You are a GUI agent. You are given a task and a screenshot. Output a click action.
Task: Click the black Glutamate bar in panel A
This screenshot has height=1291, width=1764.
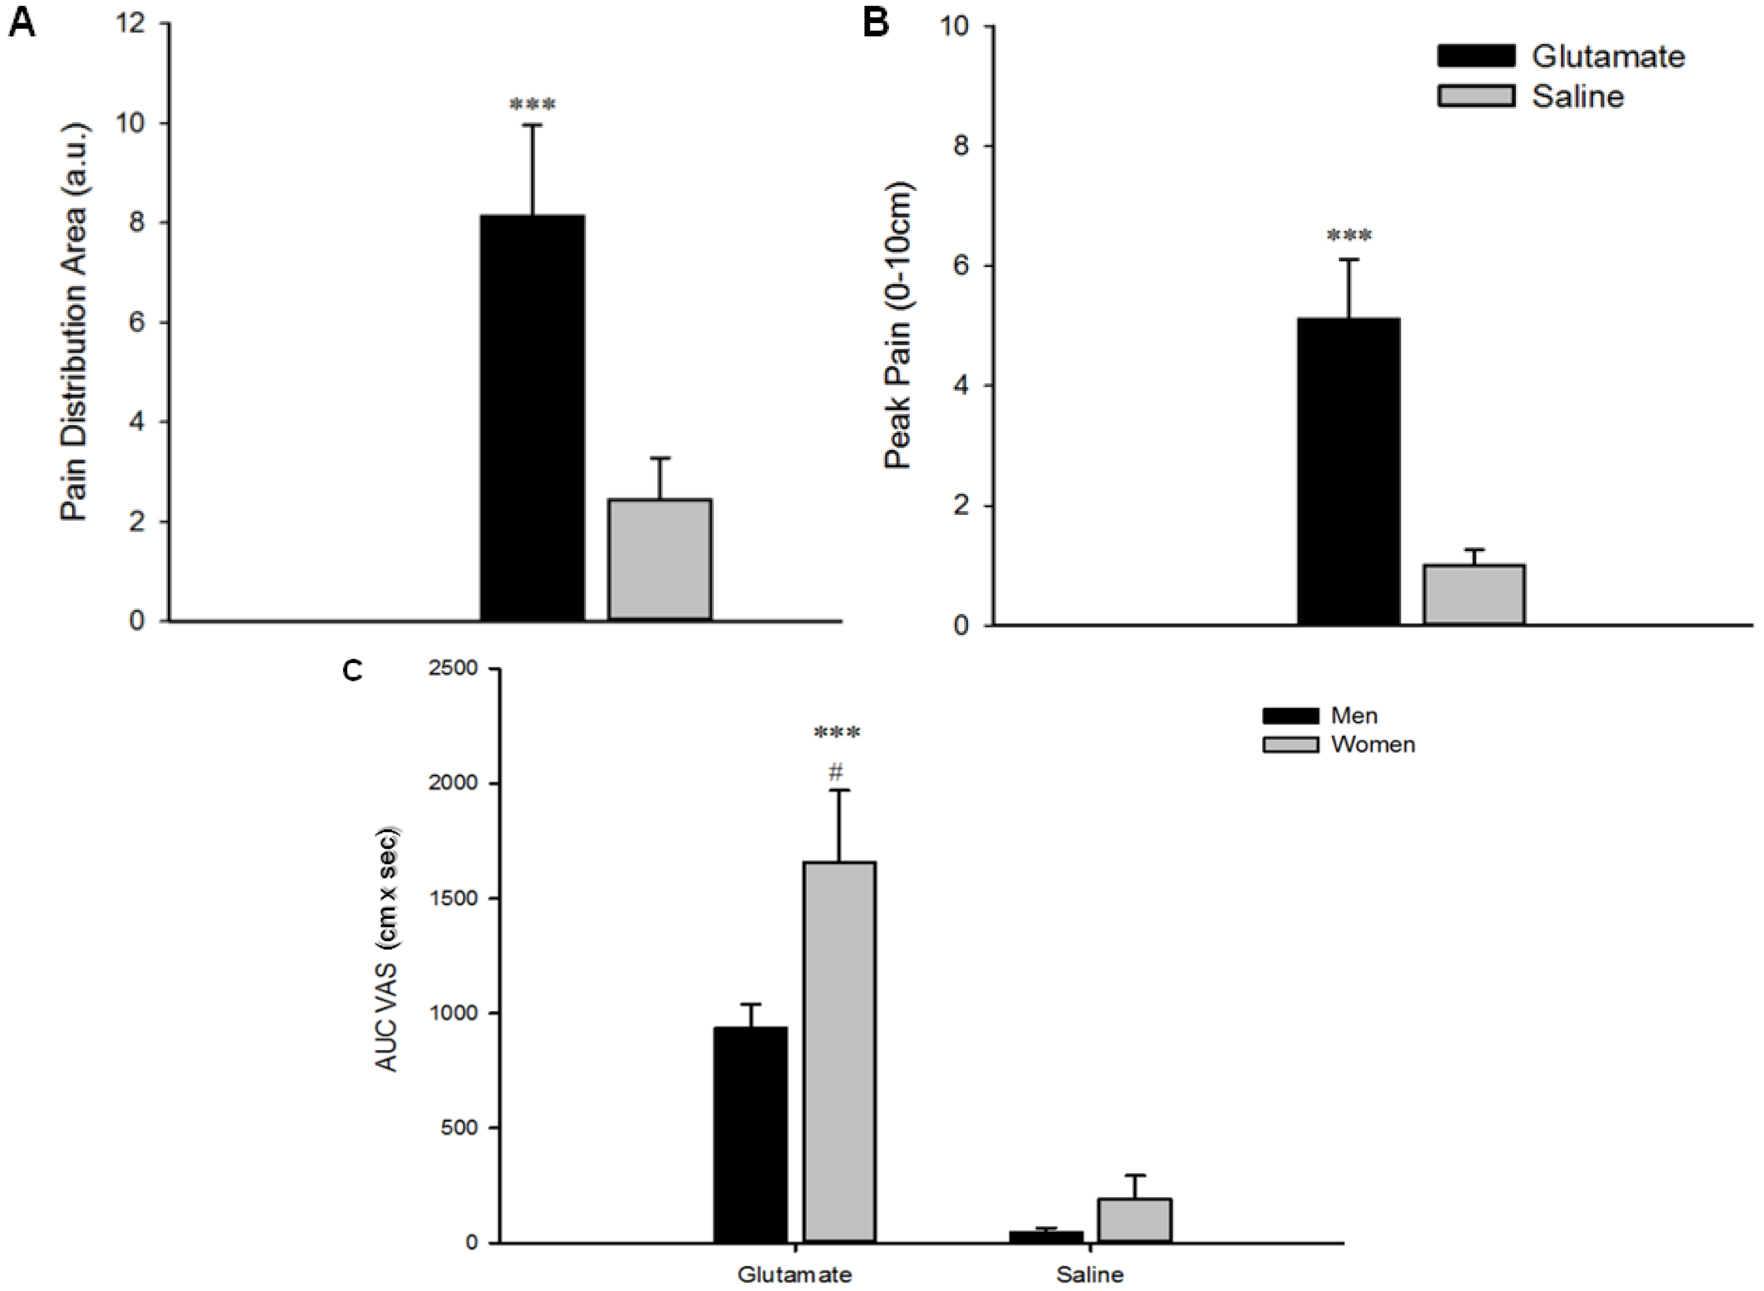click(532, 417)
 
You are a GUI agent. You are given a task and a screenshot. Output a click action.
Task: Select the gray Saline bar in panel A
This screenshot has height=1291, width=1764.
click(660, 560)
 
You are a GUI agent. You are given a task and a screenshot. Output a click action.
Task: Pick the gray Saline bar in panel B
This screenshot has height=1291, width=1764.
click(1474, 595)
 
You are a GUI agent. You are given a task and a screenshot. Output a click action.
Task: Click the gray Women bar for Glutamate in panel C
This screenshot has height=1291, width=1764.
click(840, 1052)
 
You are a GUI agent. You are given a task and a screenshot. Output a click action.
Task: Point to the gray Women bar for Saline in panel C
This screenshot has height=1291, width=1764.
click(1134, 1220)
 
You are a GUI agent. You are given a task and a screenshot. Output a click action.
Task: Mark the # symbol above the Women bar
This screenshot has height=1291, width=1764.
click(836, 773)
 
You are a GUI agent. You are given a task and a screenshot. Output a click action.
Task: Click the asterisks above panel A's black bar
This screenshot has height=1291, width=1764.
click(532, 104)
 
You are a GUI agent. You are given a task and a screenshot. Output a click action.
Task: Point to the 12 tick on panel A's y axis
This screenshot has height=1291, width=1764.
click(130, 24)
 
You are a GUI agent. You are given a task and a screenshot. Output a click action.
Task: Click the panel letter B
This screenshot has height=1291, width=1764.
click(876, 24)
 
